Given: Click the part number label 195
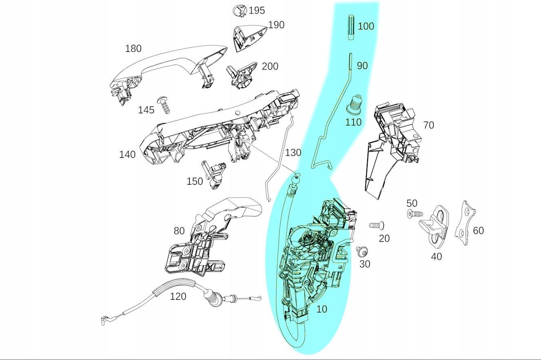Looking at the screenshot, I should [x=257, y=11].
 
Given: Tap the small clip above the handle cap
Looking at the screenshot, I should [x=240, y=11].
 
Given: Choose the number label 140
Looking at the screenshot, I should [x=127, y=155].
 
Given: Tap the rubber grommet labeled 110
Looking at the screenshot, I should [x=355, y=105].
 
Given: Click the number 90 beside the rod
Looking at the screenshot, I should [x=362, y=66].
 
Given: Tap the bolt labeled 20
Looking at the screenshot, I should [x=377, y=225].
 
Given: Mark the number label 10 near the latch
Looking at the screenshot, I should [x=321, y=309].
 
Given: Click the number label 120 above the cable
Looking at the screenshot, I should [x=178, y=296].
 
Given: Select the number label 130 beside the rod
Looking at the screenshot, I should [x=293, y=153].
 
